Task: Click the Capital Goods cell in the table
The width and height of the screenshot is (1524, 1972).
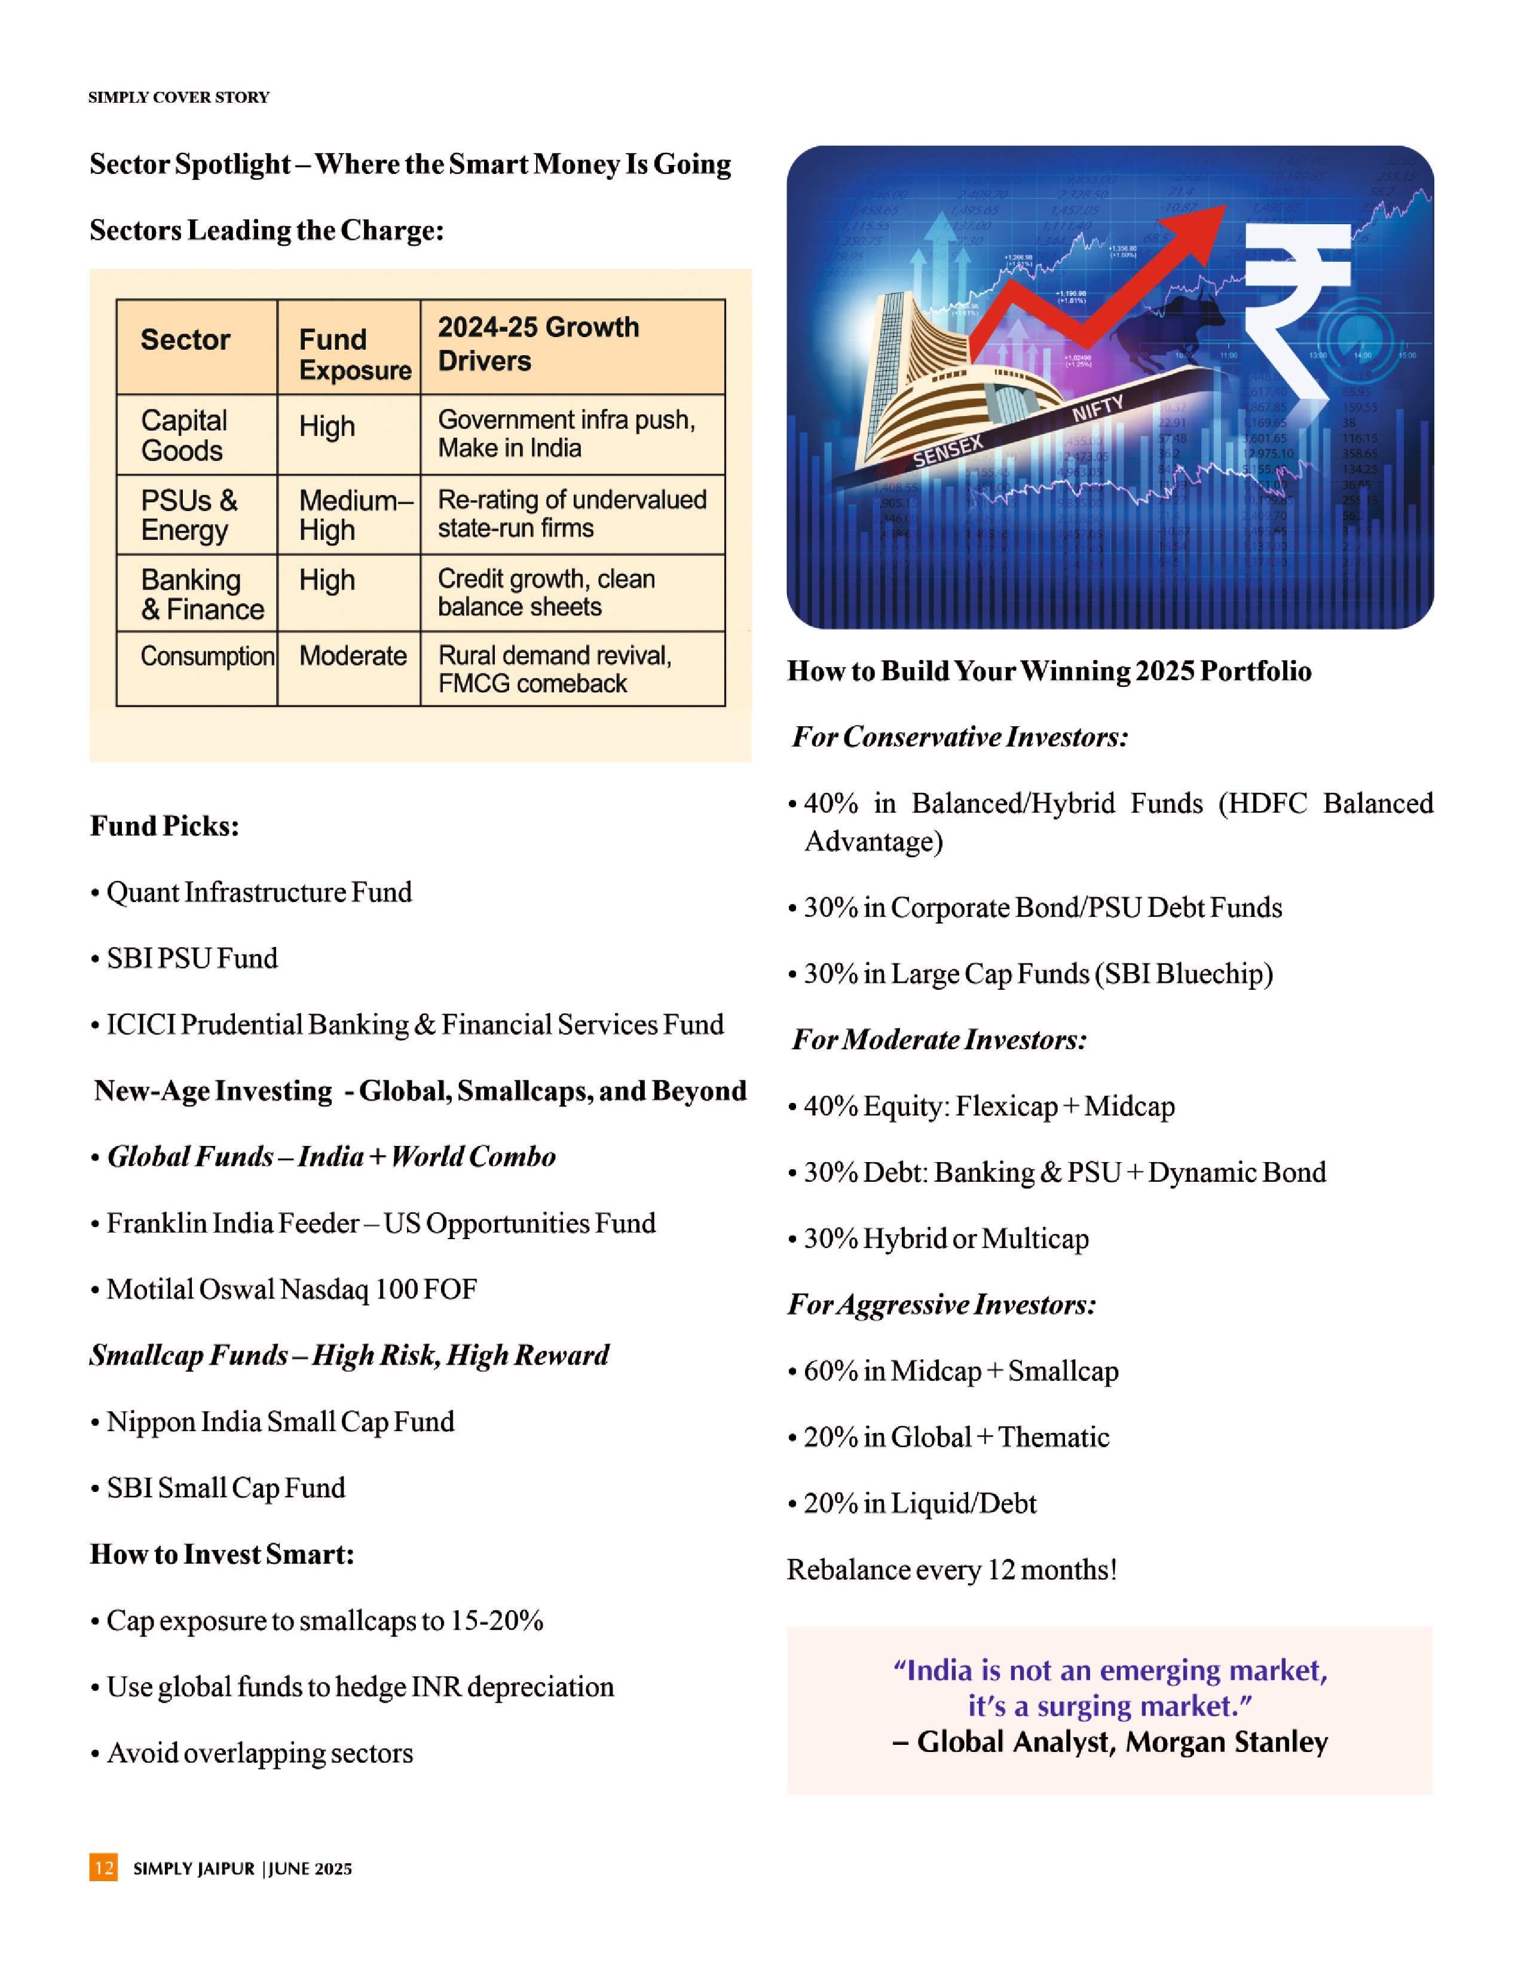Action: pyautogui.click(x=184, y=435)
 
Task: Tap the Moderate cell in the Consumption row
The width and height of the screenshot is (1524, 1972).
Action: pyautogui.click(x=352, y=656)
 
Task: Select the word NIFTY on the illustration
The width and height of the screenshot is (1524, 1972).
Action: pyautogui.click(x=1097, y=408)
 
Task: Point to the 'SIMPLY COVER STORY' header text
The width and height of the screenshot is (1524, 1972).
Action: pyautogui.click(x=179, y=97)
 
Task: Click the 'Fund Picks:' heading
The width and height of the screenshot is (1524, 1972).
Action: pyautogui.click(x=164, y=826)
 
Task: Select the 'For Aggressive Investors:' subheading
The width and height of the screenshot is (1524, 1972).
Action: pyautogui.click(x=942, y=1305)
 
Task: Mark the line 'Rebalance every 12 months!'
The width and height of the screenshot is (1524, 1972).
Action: pyautogui.click(x=951, y=1569)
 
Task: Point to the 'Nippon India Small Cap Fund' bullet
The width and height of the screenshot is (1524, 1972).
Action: pyautogui.click(x=280, y=1422)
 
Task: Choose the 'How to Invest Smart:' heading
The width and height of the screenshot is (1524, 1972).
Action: pyautogui.click(x=222, y=1554)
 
